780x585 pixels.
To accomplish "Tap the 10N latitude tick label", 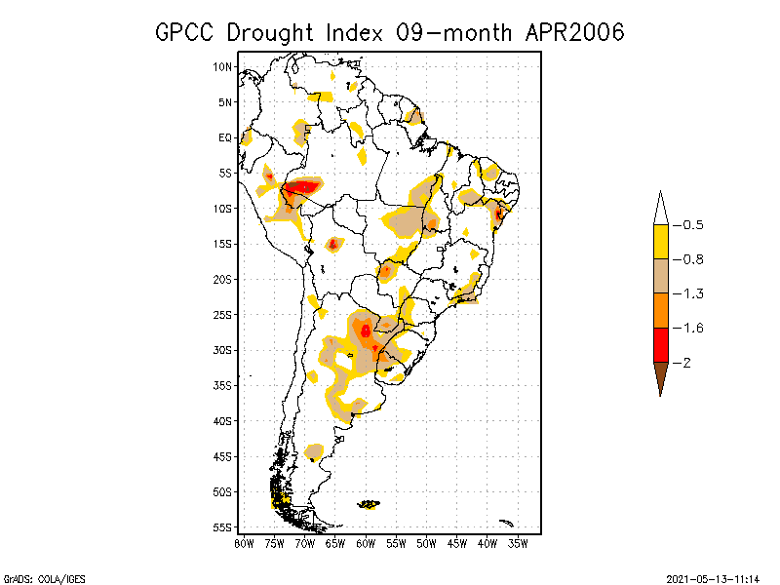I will (x=223, y=66).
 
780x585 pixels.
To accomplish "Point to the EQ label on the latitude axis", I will (x=225, y=137).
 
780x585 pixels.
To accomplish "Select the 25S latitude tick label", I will (x=223, y=314).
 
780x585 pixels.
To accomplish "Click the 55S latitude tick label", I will (x=223, y=526).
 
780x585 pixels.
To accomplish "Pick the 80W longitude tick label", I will (x=244, y=543).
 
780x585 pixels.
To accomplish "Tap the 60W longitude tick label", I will (x=366, y=543).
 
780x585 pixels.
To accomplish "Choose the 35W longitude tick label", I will (x=518, y=543).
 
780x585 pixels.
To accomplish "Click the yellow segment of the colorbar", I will (x=660, y=242).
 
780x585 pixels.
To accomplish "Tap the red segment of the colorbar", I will (x=660, y=344).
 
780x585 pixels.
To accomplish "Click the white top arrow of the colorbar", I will (x=660, y=209).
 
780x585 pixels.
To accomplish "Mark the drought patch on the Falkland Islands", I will (x=370, y=504).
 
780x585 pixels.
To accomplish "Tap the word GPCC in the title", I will (x=186, y=32).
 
